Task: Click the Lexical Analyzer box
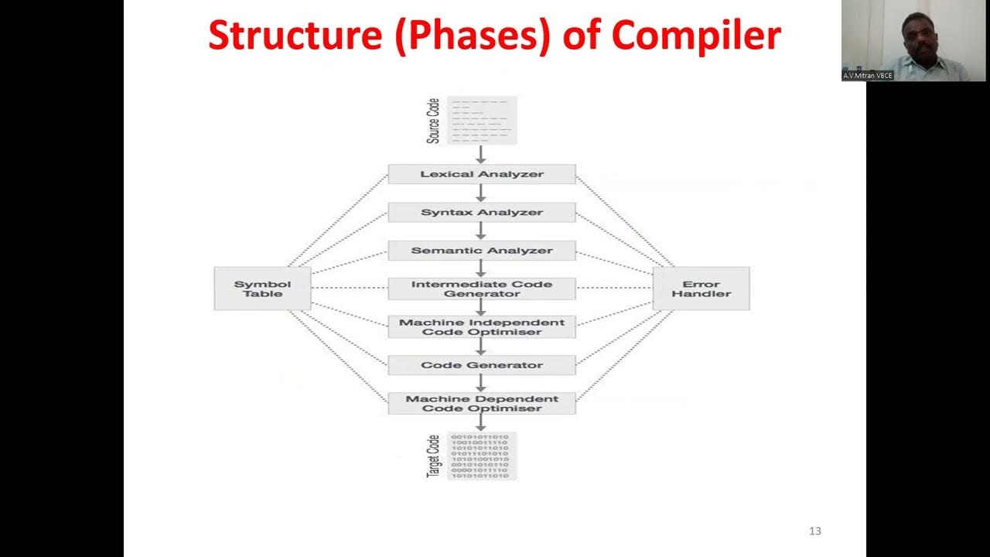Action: coord(481,174)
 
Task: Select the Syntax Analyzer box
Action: coord(481,212)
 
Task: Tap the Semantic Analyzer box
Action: coord(481,251)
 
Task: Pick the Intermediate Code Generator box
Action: coord(481,289)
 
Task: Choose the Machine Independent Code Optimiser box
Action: coord(481,326)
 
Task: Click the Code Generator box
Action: coord(481,365)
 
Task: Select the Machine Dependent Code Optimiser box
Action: coord(481,403)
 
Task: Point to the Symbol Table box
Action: coord(262,289)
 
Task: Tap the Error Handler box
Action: coord(701,289)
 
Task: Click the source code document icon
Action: coord(482,120)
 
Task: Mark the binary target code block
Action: coord(482,456)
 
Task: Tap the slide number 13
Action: coord(814,531)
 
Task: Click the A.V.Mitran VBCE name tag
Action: coord(868,76)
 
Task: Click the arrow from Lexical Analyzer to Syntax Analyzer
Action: coord(480,193)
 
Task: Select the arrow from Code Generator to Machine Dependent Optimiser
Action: coord(480,384)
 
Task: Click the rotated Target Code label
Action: coord(434,456)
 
